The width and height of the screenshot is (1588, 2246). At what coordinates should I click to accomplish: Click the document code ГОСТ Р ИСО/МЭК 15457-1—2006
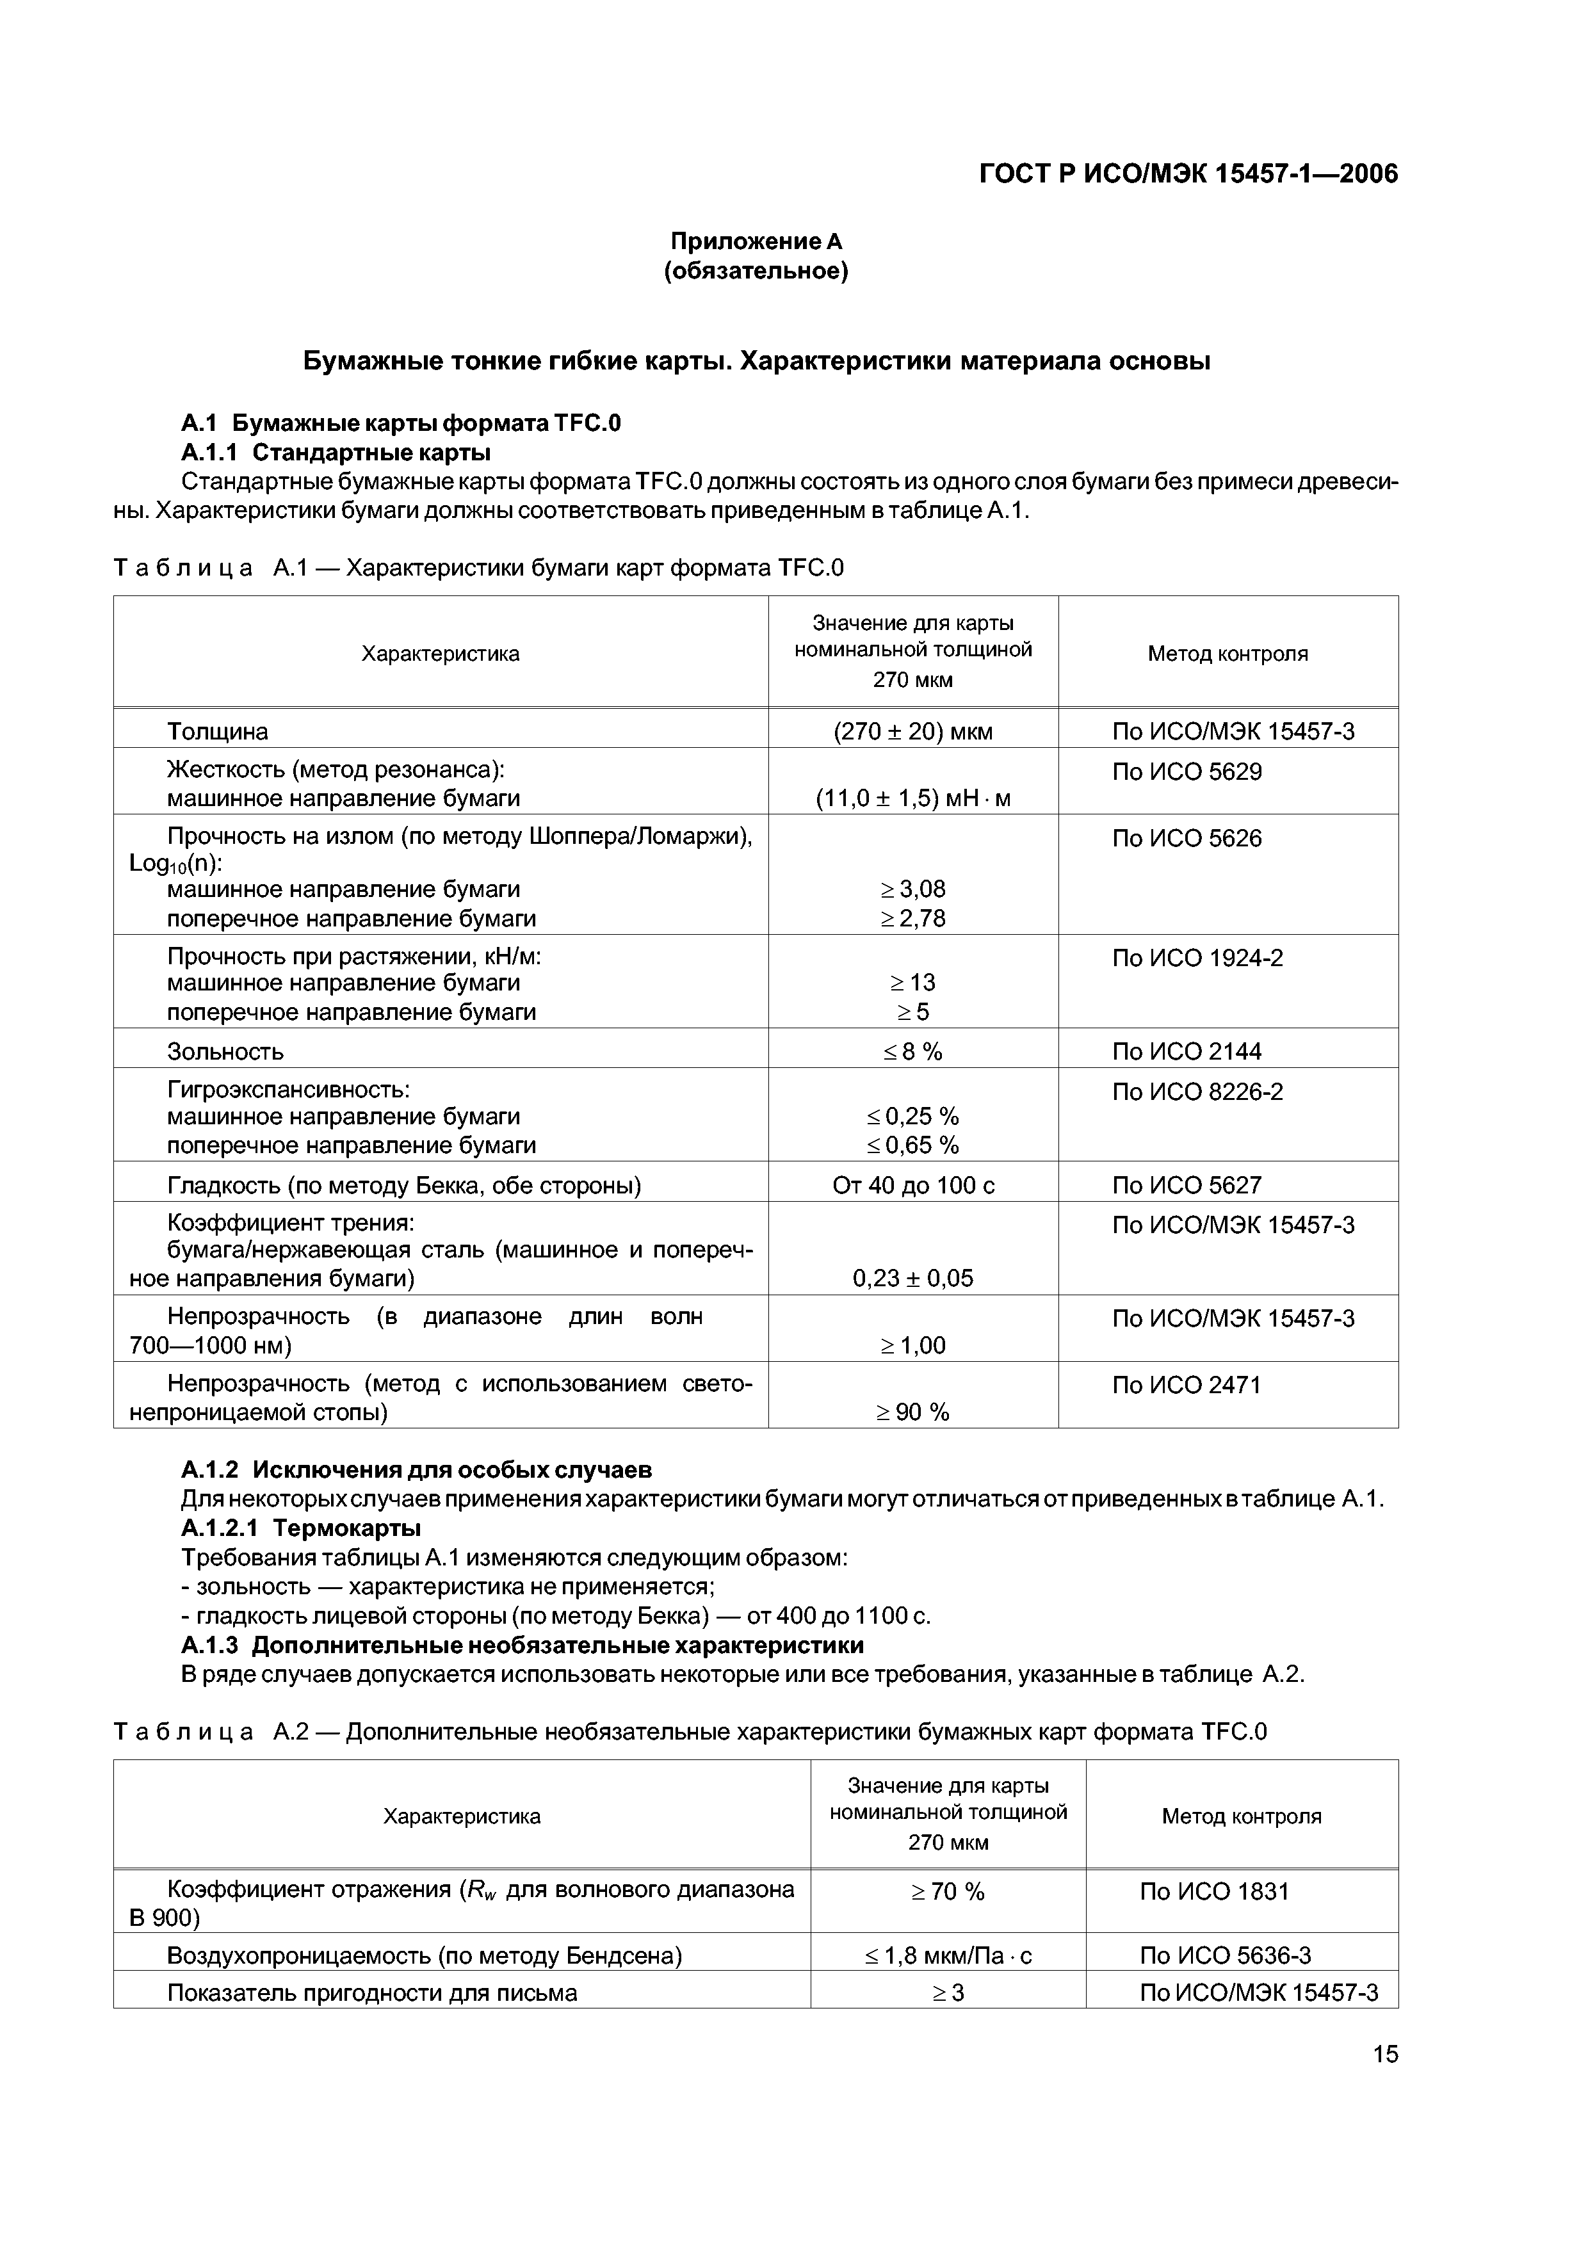pos(1188,174)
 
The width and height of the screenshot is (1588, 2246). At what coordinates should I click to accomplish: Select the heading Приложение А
pos(756,241)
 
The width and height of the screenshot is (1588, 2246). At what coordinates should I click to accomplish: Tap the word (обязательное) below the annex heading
pos(756,271)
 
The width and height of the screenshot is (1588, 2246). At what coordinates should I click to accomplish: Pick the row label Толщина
pos(217,732)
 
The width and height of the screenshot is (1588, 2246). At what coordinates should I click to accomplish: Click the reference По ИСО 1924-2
pos(1197,958)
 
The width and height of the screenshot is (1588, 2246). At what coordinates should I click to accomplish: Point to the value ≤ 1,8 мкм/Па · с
pos(947,1955)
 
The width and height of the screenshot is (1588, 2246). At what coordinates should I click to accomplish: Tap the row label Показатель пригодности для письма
pos(372,1992)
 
